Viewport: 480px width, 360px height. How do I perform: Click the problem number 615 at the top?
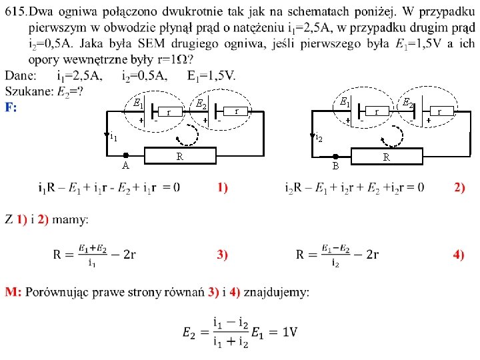[15, 12]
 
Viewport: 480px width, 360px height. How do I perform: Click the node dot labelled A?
[125, 155]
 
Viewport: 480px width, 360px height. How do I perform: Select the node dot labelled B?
[336, 157]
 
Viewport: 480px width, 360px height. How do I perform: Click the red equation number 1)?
[222, 187]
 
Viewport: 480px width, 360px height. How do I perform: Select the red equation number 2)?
[459, 187]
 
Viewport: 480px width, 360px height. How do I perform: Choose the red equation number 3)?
[222, 254]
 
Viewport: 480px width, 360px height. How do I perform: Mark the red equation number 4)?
[459, 254]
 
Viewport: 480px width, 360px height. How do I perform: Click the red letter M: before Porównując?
[14, 292]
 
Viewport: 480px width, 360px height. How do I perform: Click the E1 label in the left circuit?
[137, 103]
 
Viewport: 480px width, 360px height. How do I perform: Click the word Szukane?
[28, 90]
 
